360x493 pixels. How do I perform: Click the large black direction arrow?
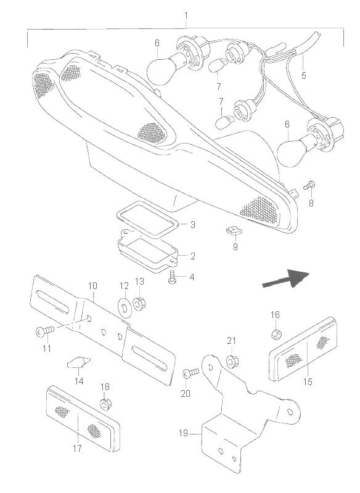tap(286, 279)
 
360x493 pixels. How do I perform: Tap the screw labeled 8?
tap(309, 185)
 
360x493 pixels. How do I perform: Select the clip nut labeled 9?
tap(234, 231)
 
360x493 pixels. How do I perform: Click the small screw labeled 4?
tap(173, 277)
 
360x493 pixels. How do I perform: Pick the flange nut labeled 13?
tap(139, 303)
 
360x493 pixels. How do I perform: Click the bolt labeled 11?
tap(45, 331)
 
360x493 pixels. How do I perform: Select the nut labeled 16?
tap(277, 335)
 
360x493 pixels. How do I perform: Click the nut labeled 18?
tap(105, 404)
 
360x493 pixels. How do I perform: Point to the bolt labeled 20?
tap(190, 373)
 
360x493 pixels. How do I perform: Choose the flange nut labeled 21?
tap(232, 361)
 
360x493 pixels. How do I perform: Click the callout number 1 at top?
tap(186, 15)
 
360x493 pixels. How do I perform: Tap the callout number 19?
tap(183, 433)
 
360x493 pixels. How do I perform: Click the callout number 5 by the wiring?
tap(303, 75)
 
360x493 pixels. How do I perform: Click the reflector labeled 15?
tap(303, 349)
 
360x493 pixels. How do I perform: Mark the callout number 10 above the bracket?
tap(92, 286)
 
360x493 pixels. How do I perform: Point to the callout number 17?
tap(77, 448)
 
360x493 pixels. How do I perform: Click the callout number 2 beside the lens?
tap(192, 256)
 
